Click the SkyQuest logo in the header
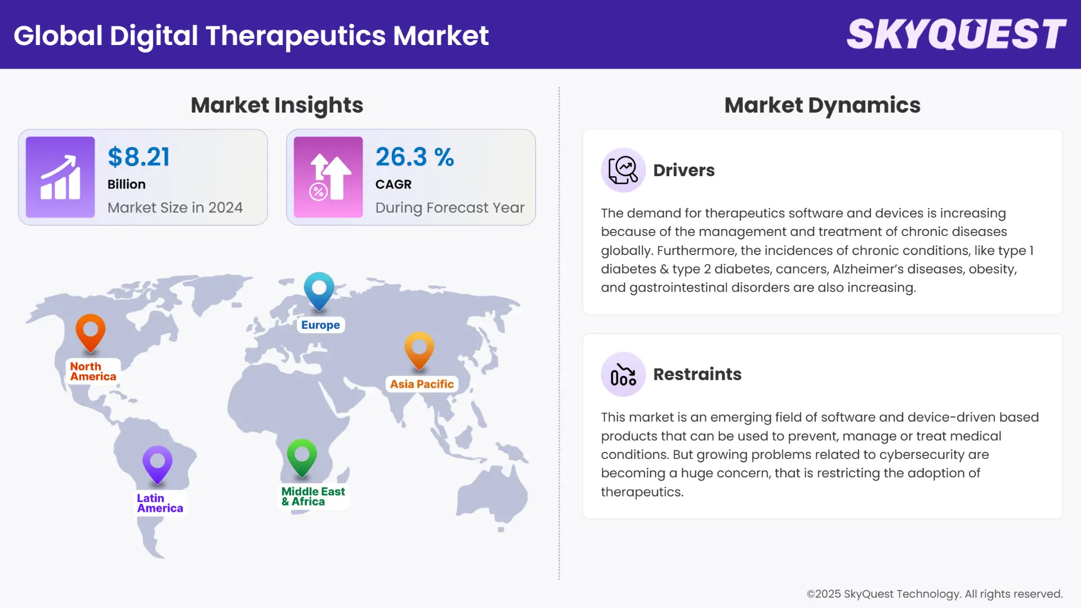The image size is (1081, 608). (956, 34)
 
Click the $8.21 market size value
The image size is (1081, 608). (139, 157)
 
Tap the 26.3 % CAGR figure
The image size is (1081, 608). (414, 157)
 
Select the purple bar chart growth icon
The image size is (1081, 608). (60, 177)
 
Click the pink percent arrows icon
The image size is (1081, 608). (328, 177)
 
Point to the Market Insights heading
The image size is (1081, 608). (276, 105)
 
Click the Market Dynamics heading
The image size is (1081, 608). (822, 105)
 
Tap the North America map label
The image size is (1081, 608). (93, 372)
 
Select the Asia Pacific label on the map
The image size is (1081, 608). (422, 384)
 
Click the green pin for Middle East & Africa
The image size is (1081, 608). (302, 457)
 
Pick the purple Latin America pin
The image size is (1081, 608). (158, 464)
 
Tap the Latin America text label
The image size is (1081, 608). (160, 503)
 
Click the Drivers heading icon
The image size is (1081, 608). (623, 170)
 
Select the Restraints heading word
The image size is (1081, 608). (697, 374)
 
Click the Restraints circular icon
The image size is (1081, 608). (623, 374)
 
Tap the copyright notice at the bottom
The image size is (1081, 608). (934, 594)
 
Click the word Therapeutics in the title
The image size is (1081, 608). (296, 35)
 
